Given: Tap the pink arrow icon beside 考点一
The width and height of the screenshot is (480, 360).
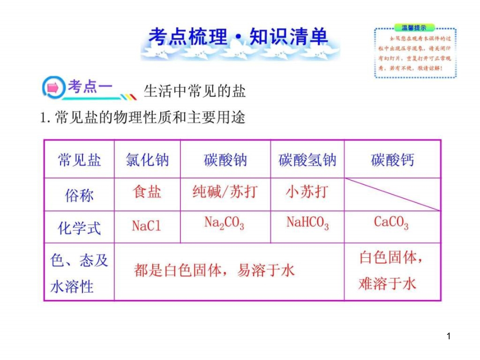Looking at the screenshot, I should [x=53, y=88].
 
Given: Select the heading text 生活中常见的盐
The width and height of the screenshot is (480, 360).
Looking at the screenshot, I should [x=195, y=91].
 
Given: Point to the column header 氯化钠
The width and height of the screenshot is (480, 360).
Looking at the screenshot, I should [x=148, y=160].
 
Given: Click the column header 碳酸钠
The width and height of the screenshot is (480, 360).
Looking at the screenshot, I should [x=225, y=160].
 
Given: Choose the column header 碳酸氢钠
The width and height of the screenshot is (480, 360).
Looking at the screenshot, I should [x=307, y=160].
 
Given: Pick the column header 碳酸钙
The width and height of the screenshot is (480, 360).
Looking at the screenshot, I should [x=392, y=160].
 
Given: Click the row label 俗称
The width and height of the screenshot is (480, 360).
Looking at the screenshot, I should [x=79, y=195].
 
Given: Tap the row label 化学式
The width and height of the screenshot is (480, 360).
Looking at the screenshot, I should [x=79, y=228].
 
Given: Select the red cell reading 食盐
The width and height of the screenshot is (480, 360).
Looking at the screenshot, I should [x=147, y=191].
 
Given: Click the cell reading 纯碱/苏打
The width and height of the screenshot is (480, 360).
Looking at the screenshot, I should [x=225, y=191].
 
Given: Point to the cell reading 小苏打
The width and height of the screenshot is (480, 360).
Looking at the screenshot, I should [x=307, y=191].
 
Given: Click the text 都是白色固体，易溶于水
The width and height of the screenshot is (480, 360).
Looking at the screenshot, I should [x=214, y=270].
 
